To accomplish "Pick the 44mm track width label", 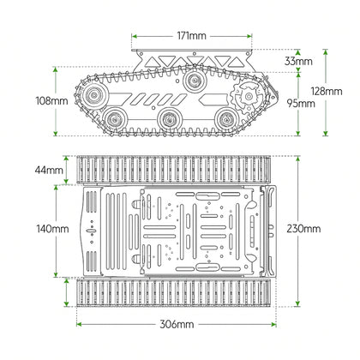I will pos(51,171).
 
